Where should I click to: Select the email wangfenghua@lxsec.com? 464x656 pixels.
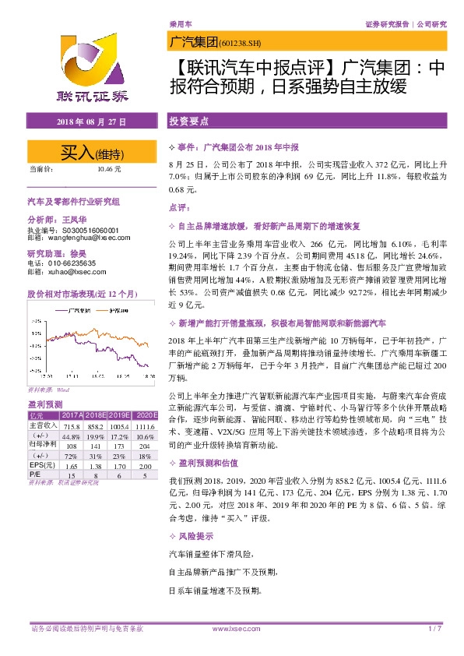82,239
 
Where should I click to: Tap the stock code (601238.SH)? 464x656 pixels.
244,44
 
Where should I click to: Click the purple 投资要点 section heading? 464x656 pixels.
188,122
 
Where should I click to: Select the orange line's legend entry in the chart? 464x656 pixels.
119,311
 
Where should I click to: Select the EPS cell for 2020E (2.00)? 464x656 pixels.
142,463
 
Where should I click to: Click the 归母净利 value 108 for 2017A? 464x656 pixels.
73,445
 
